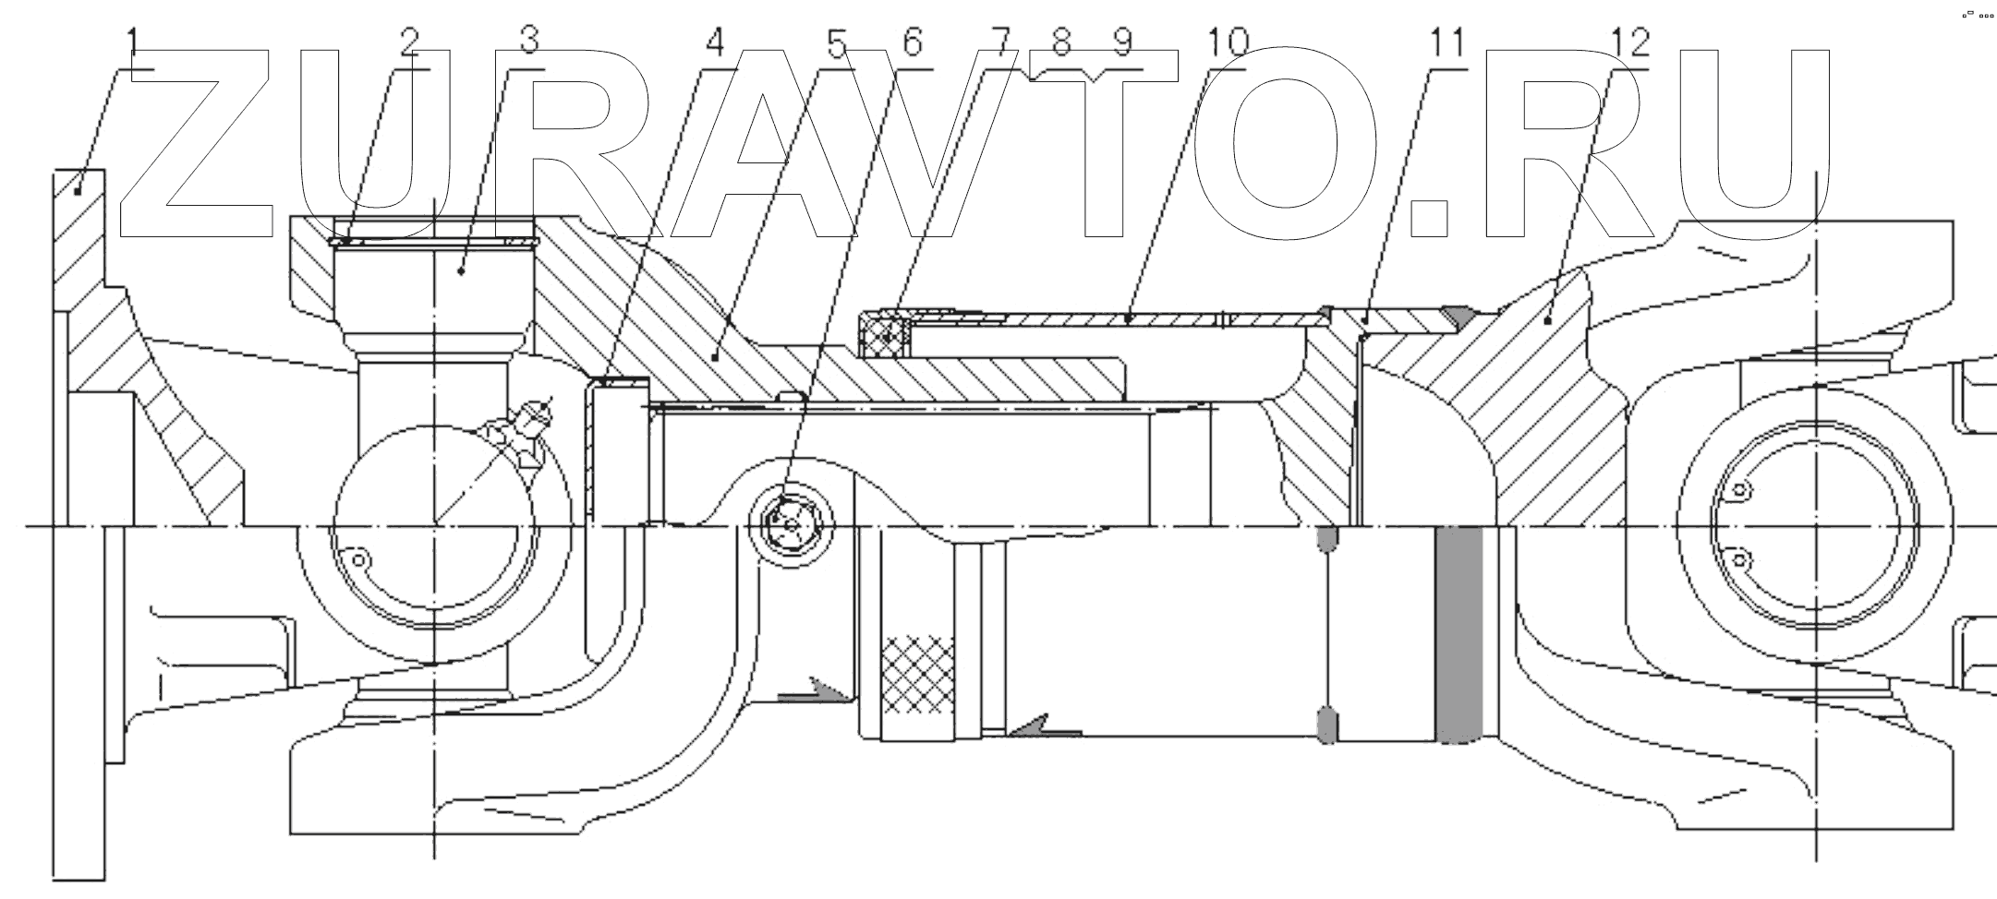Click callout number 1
[133, 42]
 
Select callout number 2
[409, 42]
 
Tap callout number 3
[529, 42]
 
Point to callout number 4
[716, 42]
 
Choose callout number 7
[1002, 42]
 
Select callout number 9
[1121, 42]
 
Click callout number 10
[1226, 42]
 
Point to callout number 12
[1628, 42]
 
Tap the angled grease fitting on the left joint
[530, 424]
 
